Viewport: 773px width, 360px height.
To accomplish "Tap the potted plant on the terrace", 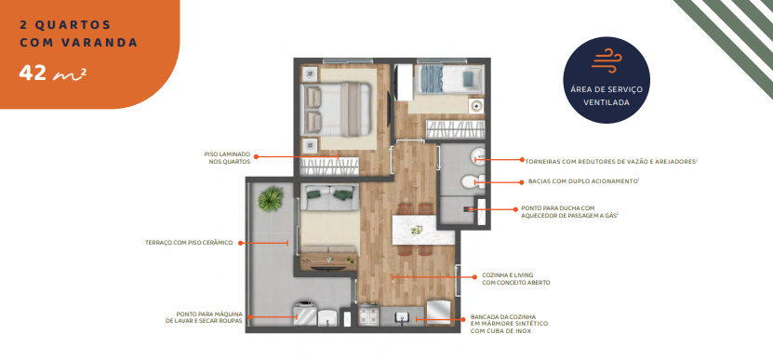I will (272, 198).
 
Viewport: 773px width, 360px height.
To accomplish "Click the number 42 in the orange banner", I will (33, 72).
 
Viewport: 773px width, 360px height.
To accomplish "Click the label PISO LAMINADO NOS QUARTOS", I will (227, 158).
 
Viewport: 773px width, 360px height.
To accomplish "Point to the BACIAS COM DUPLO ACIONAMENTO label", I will (568, 181).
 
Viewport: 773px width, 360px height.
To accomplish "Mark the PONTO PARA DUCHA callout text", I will (568, 212).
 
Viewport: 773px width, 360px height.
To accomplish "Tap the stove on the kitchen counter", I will (367, 317).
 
